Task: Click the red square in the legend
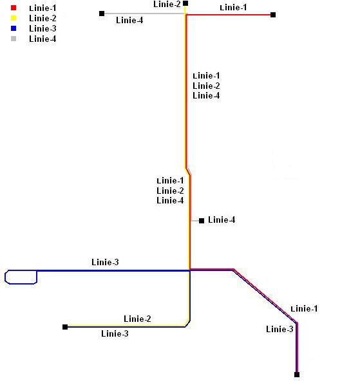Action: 14,8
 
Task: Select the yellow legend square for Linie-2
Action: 14,18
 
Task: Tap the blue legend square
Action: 14,28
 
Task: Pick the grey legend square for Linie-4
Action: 14,39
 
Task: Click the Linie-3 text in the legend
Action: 43,28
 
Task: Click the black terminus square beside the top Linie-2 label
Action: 185,3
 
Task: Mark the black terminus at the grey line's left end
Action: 102,14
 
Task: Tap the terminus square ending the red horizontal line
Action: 273,15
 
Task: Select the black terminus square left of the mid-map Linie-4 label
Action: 202,221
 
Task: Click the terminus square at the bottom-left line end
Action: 65,327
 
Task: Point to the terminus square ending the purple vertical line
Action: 297,375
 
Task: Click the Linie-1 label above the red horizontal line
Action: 233,8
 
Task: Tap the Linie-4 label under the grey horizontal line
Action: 129,20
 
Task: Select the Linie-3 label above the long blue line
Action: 105,262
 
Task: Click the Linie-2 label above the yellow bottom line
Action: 137,319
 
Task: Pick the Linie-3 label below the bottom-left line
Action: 115,333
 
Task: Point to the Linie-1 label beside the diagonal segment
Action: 304,309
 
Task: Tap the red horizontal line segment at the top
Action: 229,15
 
